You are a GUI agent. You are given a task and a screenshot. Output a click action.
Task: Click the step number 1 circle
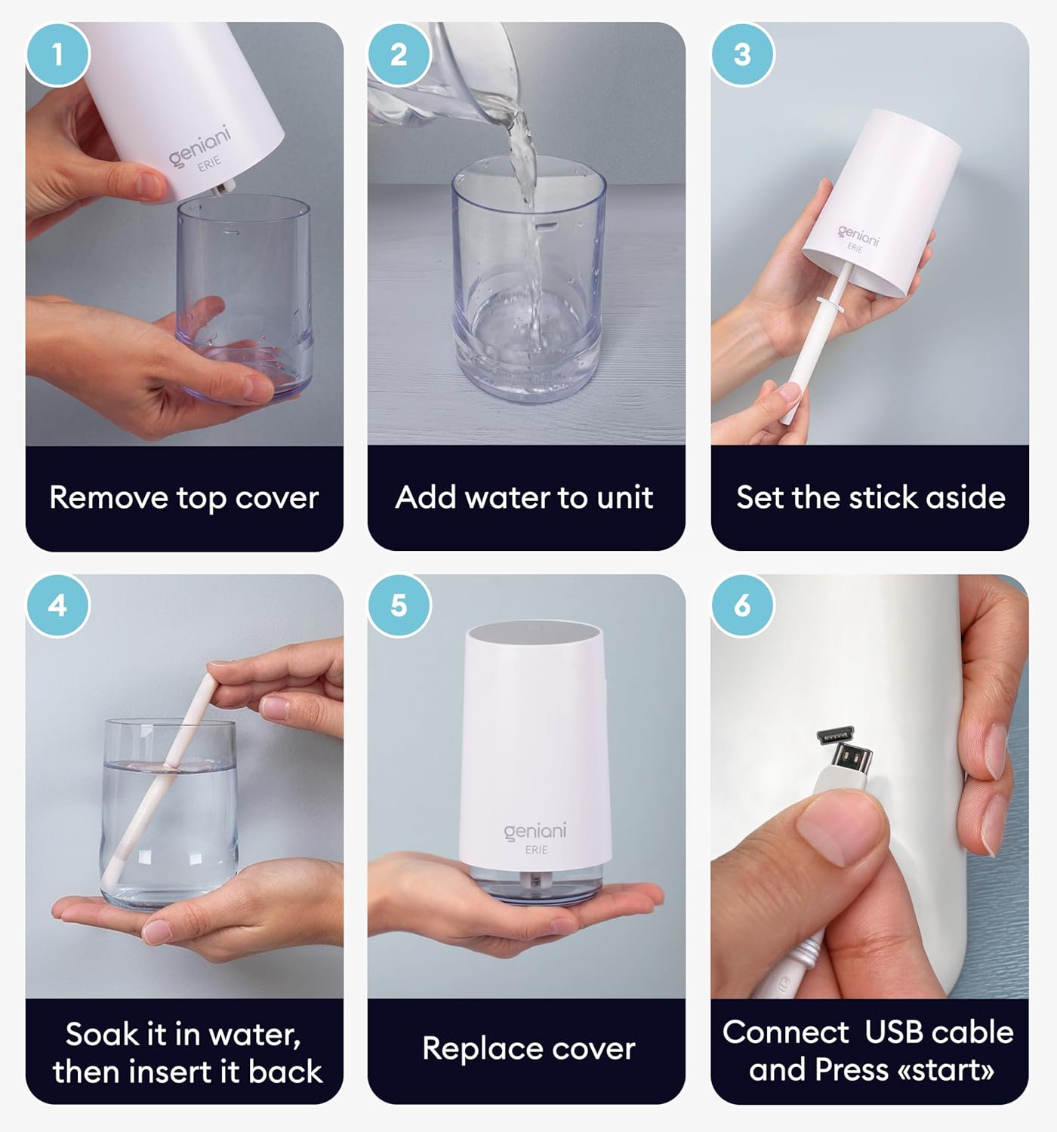tap(57, 54)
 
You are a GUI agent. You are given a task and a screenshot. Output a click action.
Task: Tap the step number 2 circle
tap(399, 54)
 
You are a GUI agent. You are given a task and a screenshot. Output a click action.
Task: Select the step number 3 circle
tap(742, 54)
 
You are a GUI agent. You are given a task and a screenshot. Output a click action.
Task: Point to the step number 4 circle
tap(57, 605)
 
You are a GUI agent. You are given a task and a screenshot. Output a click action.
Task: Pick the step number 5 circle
tap(399, 605)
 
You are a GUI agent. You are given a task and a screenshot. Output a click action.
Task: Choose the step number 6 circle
tap(742, 605)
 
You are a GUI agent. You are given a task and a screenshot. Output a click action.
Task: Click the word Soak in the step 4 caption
tap(98, 1034)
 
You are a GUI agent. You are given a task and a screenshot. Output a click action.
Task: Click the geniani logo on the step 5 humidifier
tap(535, 832)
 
